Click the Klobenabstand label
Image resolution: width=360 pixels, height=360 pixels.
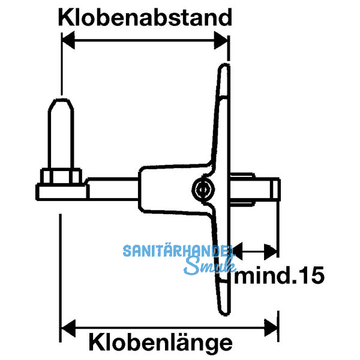coord(145,17)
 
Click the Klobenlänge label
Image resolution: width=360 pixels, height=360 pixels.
coord(160,343)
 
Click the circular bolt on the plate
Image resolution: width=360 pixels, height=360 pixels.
coord(203,190)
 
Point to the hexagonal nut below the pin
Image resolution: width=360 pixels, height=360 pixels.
coord(61,177)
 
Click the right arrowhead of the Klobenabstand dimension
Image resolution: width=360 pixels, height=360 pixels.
coord(223,41)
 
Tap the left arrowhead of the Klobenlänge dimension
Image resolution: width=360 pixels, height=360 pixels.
coord(67,327)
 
